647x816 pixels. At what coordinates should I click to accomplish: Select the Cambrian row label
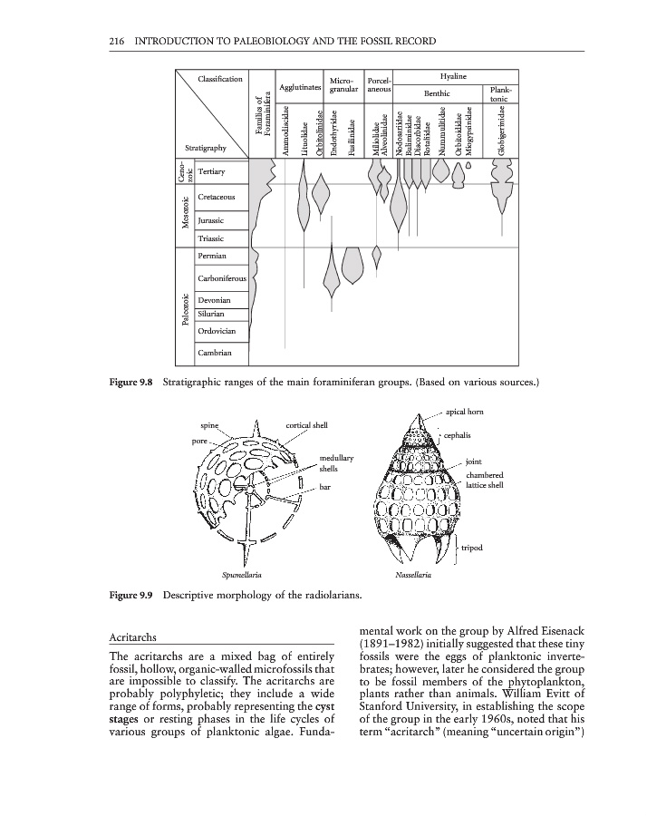point(215,353)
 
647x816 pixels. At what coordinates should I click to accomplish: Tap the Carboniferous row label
point(221,278)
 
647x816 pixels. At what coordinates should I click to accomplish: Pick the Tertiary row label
point(213,170)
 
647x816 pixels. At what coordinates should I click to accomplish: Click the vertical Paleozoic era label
point(184,311)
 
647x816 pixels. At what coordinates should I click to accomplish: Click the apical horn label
point(465,412)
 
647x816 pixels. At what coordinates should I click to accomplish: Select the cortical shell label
point(306,424)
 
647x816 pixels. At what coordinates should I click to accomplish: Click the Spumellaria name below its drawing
point(242,575)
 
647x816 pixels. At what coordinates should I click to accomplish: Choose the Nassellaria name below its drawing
point(412,575)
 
